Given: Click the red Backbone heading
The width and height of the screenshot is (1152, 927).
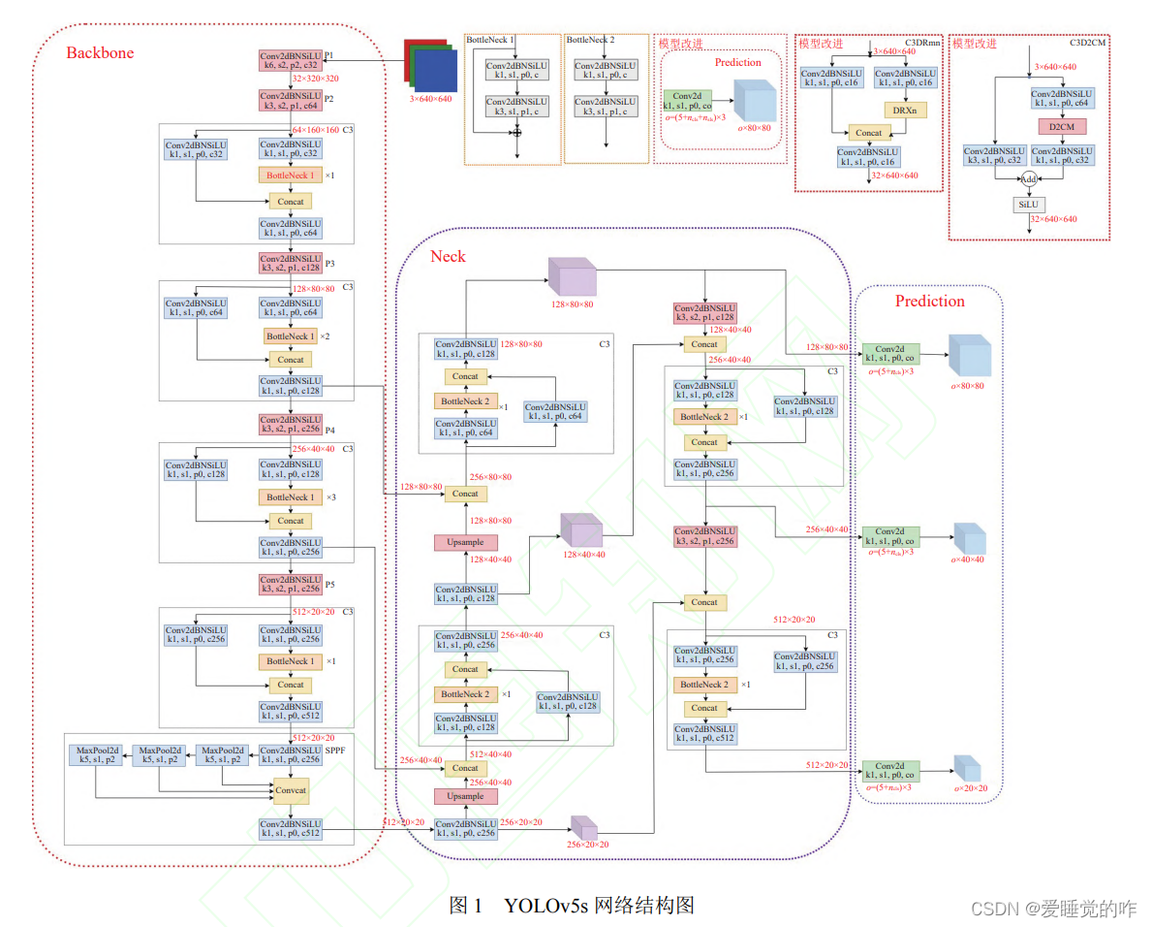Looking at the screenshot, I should [100, 52].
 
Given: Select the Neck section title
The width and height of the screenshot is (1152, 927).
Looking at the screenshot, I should [448, 256].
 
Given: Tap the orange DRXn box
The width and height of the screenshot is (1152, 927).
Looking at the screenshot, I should [906, 110].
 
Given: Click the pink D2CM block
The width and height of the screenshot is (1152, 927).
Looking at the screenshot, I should [1062, 127].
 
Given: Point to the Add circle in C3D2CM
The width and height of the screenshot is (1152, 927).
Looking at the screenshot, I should [1029, 179].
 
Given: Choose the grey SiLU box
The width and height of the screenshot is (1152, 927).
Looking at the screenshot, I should [1029, 205].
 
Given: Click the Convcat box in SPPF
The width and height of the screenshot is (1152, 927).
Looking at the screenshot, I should [291, 790].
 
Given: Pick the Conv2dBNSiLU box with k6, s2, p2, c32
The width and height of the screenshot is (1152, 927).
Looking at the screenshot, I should [290, 61].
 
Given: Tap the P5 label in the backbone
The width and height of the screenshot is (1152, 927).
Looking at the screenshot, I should [329, 586].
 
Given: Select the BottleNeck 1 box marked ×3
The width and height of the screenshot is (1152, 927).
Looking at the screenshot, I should [290, 497].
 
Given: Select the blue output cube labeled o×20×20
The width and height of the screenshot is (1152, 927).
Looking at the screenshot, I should [966, 768].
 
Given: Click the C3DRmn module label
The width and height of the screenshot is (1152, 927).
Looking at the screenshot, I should [922, 44].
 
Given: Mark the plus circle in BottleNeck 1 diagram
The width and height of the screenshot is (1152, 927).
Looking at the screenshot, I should [517, 132].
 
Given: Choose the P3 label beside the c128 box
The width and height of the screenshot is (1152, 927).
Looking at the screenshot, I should [329, 264].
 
